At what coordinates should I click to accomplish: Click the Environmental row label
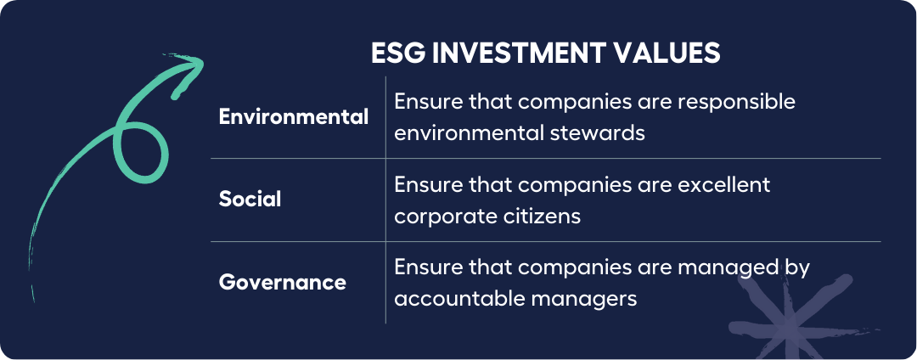click(x=294, y=117)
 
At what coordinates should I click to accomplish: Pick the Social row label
click(x=250, y=200)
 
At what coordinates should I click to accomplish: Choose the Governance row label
click(x=283, y=283)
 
